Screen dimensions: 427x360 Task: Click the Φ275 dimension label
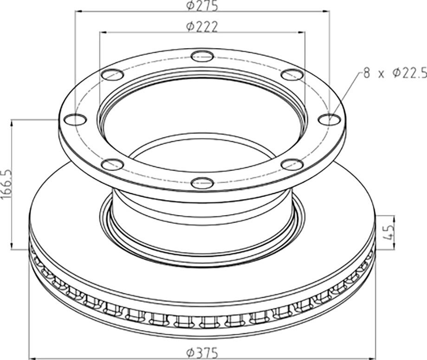point(202,6)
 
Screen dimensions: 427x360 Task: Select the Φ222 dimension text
point(202,26)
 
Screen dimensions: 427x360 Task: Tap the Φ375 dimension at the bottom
point(202,353)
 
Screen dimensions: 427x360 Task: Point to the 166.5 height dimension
point(6,185)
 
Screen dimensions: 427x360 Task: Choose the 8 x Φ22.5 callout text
point(395,73)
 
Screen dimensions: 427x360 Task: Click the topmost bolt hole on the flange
point(202,57)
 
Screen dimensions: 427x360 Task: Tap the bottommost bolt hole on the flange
point(202,182)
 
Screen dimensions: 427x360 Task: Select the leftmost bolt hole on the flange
point(75,119)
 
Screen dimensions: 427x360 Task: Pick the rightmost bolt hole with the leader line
point(329,119)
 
